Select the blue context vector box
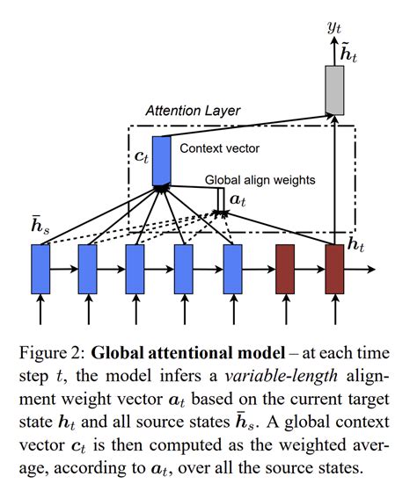point(162,161)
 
